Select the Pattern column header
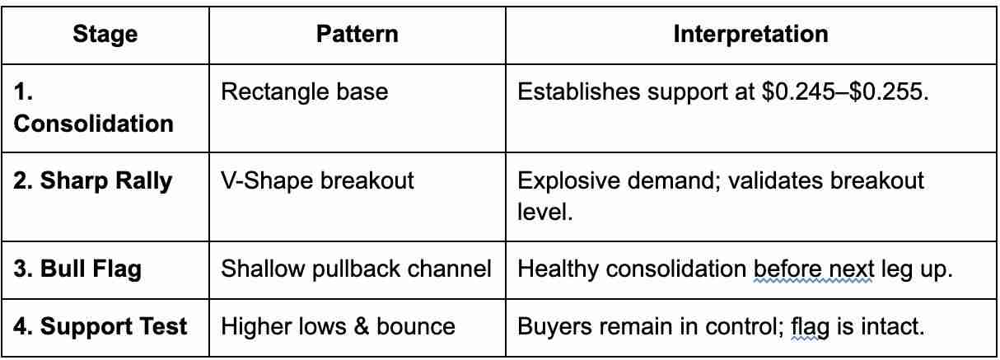tap(357, 34)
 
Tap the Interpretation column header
tap(750, 34)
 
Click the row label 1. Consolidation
tap(94, 107)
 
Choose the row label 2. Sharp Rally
tap(93, 180)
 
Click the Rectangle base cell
tap(304, 91)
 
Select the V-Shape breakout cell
tap(317, 180)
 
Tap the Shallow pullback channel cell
tap(356, 269)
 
